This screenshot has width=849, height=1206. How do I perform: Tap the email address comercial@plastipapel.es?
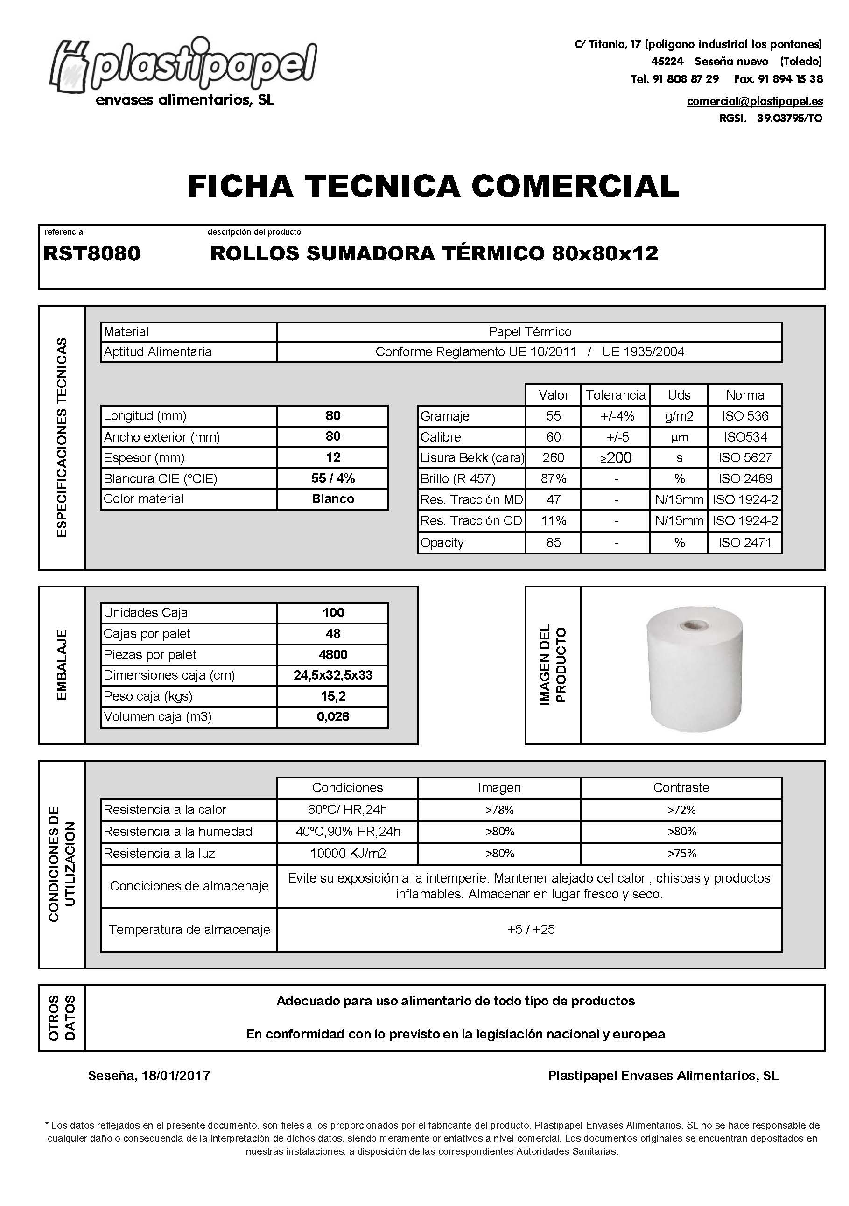(x=754, y=101)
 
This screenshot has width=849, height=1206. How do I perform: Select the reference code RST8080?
(x=92, y=254)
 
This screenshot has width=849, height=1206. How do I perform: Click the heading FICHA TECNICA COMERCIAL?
(x=433, y=187)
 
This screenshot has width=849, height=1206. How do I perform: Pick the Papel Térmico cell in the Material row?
(x=530, y=332)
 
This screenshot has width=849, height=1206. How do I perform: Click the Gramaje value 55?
(x=553, y=416)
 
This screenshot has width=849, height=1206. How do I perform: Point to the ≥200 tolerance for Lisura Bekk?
(x=616, y=458)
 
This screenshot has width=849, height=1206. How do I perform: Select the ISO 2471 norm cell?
(x=745, y=543)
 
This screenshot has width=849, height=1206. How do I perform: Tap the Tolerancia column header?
(x=616, y=395)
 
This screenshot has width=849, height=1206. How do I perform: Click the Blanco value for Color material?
(x=333, y=499)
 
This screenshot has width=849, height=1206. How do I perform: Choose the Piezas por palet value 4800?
(x=333, y=654)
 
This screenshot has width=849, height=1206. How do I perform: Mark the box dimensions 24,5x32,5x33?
(x=333, y=675)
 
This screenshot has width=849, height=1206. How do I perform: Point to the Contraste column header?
(x=681, y=787)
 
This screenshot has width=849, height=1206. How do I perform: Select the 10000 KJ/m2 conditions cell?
(x=348, y=854)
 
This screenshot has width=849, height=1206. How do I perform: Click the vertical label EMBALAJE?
(x=62, y=665)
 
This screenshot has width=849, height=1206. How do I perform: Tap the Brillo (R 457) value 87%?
(x=553, y=479)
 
